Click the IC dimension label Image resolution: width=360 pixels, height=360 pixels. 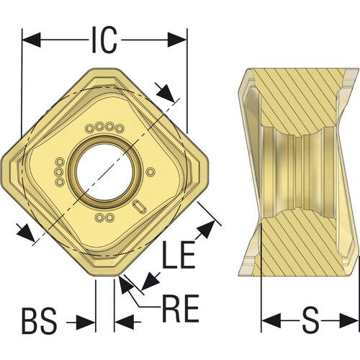[x=104, y=40]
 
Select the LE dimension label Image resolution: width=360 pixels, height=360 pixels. [x=179, y=255]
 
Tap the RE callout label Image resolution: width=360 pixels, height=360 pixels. [x=181, y=308]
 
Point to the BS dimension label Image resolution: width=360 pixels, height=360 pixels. [x=40, y=321]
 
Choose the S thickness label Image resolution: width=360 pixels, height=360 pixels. [x=310, y=321]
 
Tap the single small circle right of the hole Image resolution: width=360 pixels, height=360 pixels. [x=150, y=172]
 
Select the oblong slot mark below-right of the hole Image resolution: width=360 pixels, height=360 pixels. [x=140, y=206]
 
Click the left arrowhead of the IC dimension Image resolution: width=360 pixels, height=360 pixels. [x=31, y=40]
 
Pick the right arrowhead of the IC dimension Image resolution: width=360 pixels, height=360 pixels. [x=177, y=40]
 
